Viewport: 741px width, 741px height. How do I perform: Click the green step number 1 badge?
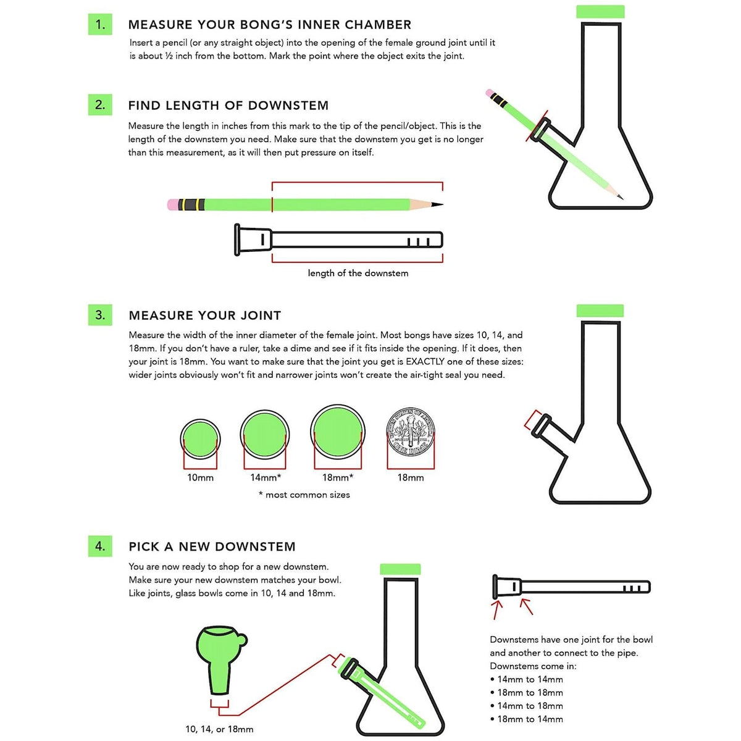pos(100,25)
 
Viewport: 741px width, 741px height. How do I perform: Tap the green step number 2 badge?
pos(100,105)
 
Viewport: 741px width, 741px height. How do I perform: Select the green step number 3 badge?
pos(100,315)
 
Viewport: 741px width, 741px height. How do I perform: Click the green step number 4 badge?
pos(100,546)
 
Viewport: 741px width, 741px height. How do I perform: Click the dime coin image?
pos(410,432)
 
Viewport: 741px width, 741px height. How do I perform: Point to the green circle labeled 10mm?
pos(200,439)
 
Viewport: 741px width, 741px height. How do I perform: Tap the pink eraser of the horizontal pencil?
pos(172,204)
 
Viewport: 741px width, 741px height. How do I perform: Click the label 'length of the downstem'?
pos(358,273)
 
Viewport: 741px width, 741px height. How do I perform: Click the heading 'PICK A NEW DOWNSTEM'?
pos(212,546)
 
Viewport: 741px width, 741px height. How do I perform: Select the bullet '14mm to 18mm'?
pos(530,706)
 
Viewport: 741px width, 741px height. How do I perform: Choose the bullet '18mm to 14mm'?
pos(530,719)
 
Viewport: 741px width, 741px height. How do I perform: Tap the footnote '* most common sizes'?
pos(304,495)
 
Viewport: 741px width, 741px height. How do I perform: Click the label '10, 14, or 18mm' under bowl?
pos(219,729)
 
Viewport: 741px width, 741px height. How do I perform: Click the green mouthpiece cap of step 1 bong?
pos(600,12)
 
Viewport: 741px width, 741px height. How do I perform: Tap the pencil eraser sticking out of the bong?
pos(490,94)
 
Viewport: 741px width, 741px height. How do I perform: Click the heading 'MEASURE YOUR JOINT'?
pos(204,316)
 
